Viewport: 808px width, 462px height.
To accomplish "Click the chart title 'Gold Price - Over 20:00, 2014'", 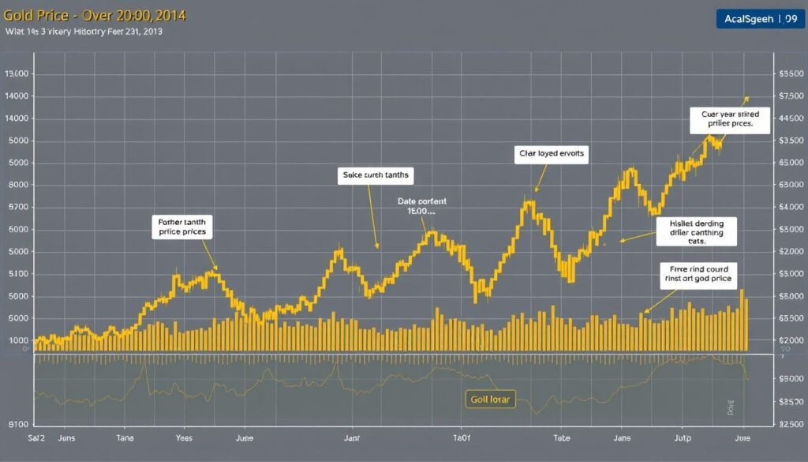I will click(x=95, y=16).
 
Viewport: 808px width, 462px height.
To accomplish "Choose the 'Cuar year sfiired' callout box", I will click(x=729, y=118).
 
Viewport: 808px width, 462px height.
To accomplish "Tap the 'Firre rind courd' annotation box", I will click(x=698, y=273).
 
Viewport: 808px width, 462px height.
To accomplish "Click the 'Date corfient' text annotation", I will click(x=421, y=207).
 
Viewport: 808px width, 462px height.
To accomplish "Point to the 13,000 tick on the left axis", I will click(x=17, y=73).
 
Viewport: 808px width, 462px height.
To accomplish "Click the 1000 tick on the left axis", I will click(x=19, y=340).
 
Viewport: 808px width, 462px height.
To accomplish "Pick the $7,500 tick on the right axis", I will click(x=790, y=96).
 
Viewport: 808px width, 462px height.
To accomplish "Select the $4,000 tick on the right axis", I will click(x=790, y=207).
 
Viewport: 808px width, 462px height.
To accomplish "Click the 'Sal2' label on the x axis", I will click(x=36, y=438).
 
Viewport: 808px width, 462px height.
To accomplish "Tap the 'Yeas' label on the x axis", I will click(x=183, y=438).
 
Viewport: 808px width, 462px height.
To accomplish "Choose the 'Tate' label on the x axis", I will click(x=561, y=438).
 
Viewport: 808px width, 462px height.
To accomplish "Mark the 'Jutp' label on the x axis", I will click(x=683, y=438).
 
